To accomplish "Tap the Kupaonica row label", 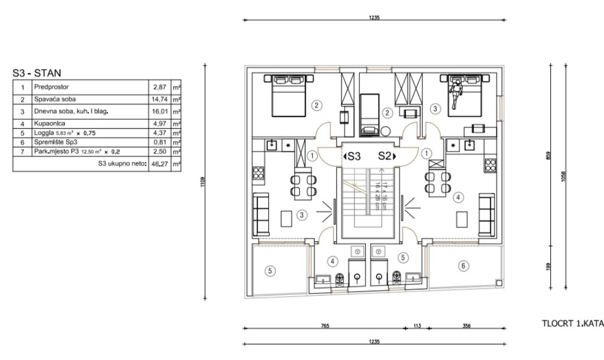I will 47,124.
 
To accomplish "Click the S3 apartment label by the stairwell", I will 353,156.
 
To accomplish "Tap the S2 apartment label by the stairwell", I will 385,156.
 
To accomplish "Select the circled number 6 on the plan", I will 463,266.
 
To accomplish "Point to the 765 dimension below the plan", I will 324,325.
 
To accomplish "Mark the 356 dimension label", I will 466,325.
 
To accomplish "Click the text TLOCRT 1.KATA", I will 572,323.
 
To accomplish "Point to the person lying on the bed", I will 455,91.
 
